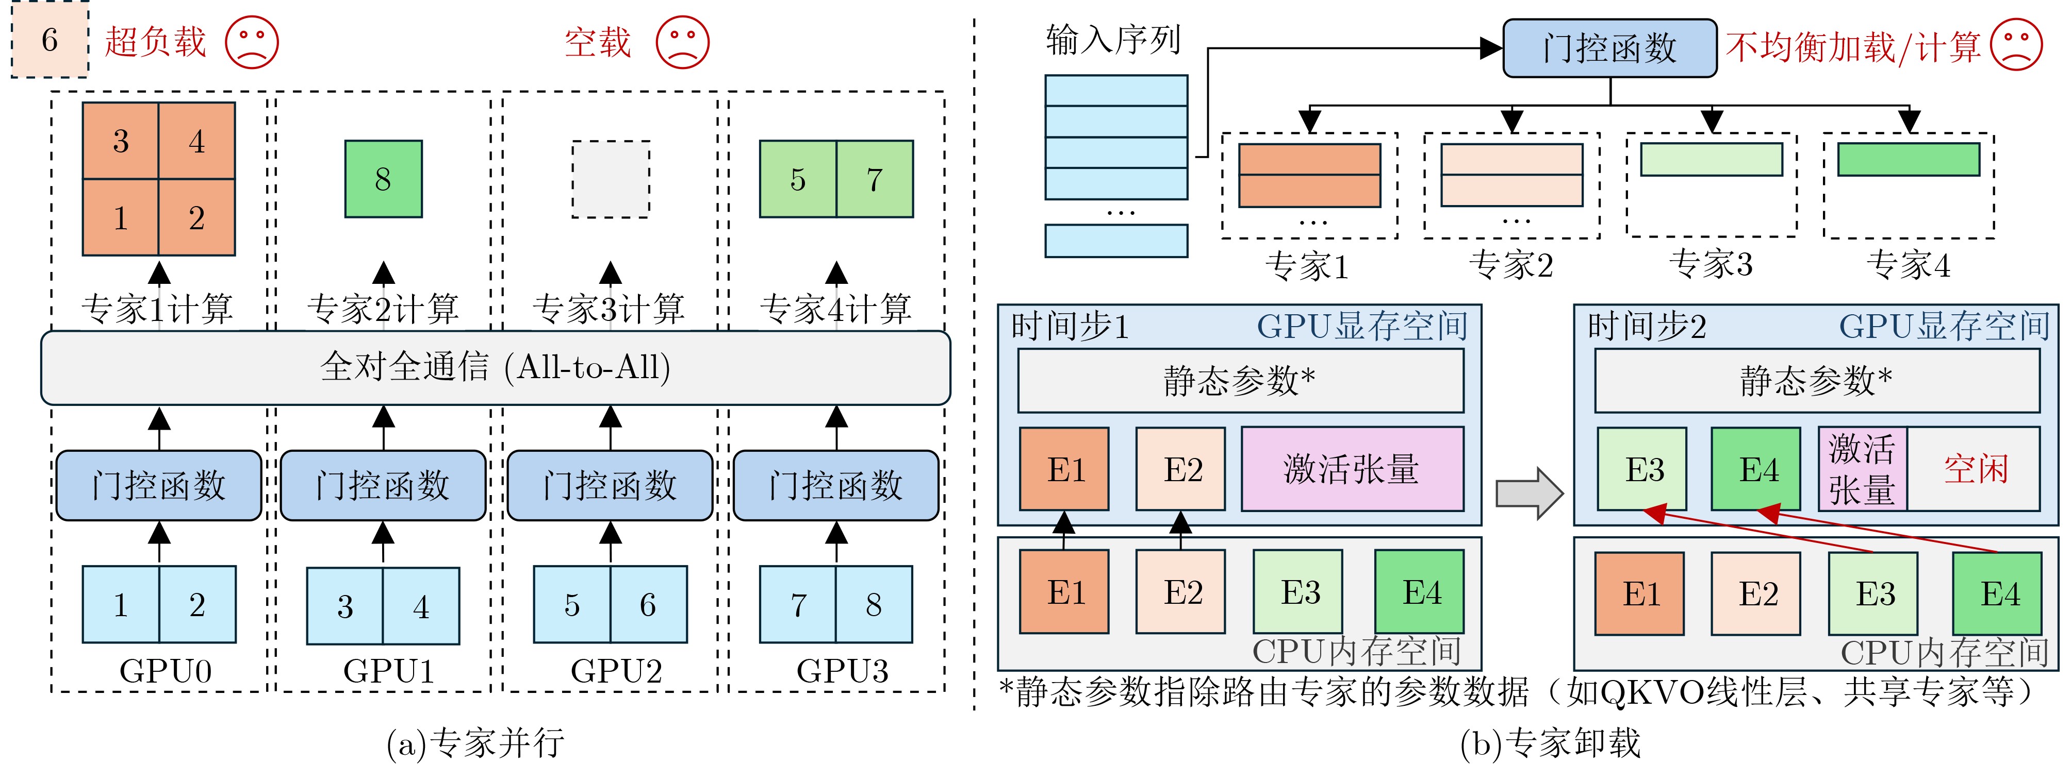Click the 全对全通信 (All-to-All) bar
495,368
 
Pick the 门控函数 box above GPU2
610,485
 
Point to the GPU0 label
166,671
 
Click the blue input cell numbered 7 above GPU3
798,605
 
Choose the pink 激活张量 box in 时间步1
1352,469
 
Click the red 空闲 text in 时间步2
1976,469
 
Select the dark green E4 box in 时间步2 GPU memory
1756,469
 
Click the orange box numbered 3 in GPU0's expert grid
121,141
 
